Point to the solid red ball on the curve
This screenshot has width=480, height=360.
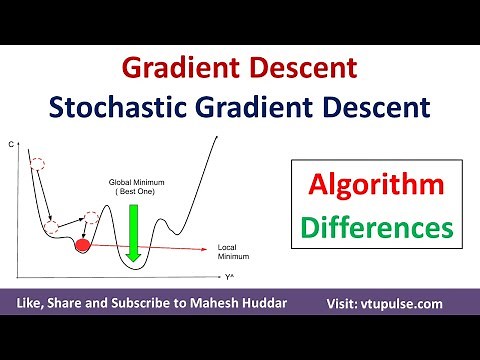[82, 243]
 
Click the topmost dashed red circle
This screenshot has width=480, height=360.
[38, 164]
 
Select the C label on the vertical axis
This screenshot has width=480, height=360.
[11, 146]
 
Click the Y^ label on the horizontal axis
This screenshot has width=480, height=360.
[229, 275]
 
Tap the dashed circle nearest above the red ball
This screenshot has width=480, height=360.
[92, 217]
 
